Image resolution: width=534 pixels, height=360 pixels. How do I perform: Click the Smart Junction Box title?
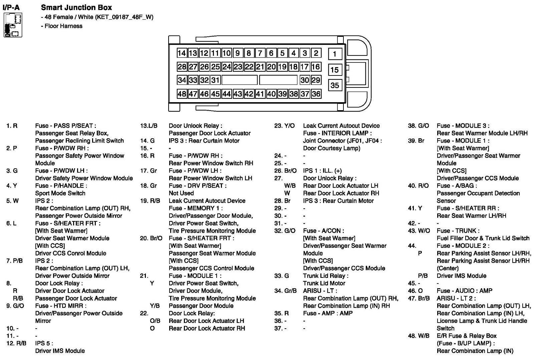[76, 7]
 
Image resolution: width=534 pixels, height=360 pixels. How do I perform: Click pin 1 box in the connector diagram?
[335, 54]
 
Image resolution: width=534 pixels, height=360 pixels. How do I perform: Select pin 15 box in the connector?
[335, 70]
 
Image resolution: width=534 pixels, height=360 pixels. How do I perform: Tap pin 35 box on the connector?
[335, 85]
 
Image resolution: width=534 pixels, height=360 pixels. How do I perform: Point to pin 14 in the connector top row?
[182, 53]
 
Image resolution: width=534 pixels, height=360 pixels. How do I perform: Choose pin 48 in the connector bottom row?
[182, 94]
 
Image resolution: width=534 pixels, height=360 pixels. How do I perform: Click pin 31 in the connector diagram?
[215, 80]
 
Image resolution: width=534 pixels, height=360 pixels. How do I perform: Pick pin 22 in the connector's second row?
[249, 67]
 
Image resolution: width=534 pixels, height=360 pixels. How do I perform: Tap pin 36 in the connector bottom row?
[316, 94]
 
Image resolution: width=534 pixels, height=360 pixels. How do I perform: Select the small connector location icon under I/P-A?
[13, 25]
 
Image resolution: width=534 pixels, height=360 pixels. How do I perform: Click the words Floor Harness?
[63, 26]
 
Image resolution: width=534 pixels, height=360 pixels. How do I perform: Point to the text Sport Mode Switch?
[60, 193]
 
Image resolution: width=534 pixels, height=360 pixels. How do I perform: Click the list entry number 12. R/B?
[16, 343]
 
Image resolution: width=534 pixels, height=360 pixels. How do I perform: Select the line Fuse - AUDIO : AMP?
[464, 291]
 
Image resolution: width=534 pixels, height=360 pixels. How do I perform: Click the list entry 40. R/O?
[418, 186]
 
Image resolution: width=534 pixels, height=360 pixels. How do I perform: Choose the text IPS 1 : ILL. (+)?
[322, 171]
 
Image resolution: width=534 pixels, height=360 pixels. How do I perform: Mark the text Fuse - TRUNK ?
[458, 230]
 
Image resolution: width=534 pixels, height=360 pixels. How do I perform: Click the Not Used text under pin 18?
[181, 193]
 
